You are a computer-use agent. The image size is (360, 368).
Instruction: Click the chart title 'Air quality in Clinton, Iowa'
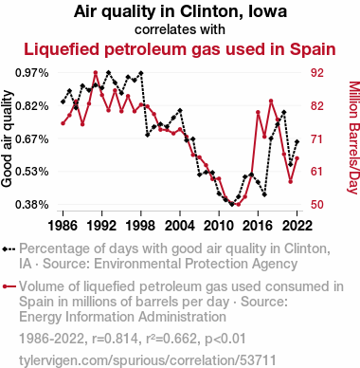(180, 11)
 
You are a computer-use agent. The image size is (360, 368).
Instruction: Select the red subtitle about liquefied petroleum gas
(180, 49)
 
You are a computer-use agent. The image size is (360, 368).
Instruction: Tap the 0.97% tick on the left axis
(32, 73)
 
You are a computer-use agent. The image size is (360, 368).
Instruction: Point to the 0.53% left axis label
(32, 172)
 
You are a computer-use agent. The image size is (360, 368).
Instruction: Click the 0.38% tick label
(32, 205)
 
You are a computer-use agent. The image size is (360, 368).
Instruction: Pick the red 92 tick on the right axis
(317, 73)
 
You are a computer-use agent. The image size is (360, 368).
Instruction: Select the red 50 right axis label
(317, 205)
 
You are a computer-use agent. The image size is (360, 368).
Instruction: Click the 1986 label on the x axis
(63, 226)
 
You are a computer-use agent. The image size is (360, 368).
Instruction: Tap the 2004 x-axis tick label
(180, 226)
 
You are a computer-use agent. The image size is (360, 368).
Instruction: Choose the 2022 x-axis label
(297, 226)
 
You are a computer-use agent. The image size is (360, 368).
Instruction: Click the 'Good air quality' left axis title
(7, 138)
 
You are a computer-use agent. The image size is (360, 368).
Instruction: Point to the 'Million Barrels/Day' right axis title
(354, 138)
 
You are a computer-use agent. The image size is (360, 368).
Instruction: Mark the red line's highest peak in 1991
(96, 73)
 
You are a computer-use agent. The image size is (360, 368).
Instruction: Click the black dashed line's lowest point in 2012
(232, 204)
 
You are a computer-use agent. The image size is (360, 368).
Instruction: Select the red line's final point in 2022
(297, 158)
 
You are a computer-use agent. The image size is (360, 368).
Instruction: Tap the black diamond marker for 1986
(63, 101)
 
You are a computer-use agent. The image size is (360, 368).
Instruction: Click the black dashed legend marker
(9, 249)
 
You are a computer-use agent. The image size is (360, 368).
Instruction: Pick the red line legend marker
(9, 286)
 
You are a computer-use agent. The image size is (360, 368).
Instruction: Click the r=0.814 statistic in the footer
(116, 339)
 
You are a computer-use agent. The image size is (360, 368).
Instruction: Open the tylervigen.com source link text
(148, 360)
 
